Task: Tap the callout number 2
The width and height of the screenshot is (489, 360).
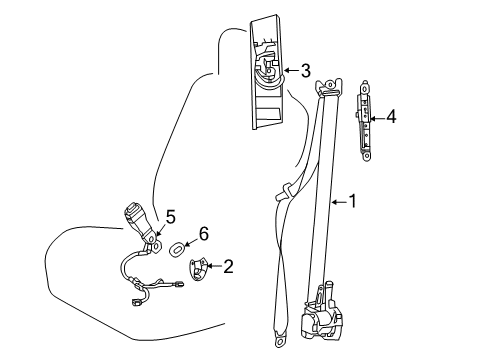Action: click(x=228, y=266)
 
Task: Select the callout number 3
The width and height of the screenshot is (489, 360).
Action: click(x=305, y=70)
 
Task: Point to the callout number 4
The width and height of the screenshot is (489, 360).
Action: click(x=391, y=117)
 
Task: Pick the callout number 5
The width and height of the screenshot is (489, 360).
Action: click(x=169, y=215)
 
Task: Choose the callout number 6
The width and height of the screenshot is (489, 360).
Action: click(x=203, y=233)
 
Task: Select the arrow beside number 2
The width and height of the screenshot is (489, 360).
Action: click(x=215, y=266)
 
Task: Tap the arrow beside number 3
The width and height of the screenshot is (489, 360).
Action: click(x=291, y=70)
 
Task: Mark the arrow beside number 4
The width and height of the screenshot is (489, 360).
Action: click(x=377, y=117)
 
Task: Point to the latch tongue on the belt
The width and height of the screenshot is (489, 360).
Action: click(x=285, y=189)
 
